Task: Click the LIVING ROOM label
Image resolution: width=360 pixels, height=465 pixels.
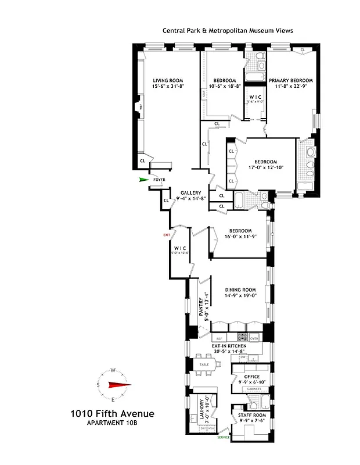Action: pos(168,80)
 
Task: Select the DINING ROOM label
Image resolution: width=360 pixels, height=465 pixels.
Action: pos(240,289)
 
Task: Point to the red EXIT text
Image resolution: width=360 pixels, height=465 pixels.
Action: pos(167,234)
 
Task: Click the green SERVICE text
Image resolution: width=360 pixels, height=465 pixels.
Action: pos(224,437)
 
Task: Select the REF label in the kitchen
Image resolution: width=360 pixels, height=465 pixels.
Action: pos(219,338)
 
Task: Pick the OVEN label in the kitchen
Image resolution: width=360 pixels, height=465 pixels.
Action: pos(254,338)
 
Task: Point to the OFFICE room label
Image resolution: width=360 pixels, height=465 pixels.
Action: pos(251,377)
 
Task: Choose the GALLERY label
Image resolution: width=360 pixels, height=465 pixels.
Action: pos(190,193)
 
